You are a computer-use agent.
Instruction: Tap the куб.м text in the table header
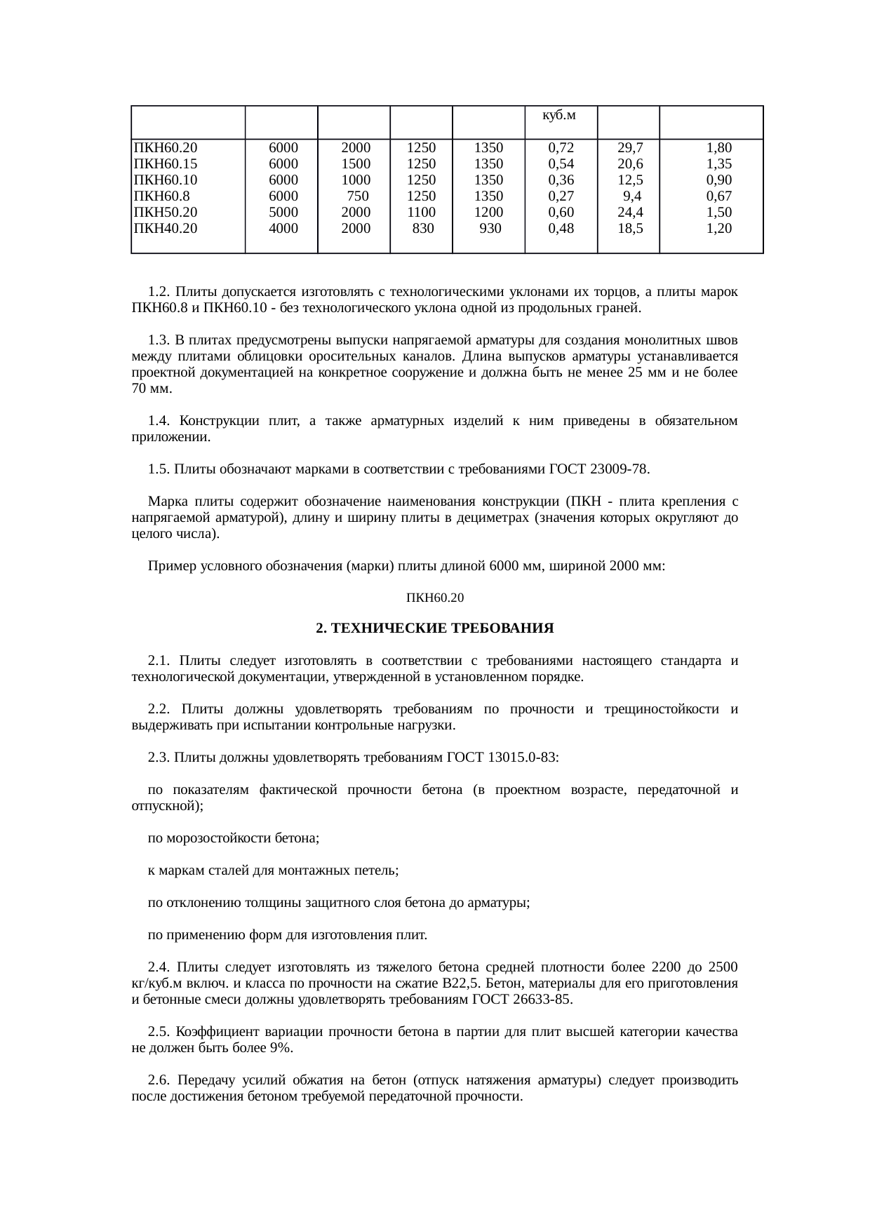tap(559, 115)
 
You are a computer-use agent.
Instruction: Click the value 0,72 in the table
tap(561, 148)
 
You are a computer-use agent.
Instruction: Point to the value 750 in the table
tap(359, 196)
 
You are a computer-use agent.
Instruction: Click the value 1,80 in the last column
tap(719, 148)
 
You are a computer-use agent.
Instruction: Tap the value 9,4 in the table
tap(633, 196)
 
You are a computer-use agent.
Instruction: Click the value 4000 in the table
tap(283, 229)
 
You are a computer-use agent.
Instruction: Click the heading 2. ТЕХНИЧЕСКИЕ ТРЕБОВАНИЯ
tap(434, 628)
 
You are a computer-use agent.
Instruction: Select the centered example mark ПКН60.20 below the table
tap(435, 598)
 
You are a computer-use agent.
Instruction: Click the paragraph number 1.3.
tap(159, 340)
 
